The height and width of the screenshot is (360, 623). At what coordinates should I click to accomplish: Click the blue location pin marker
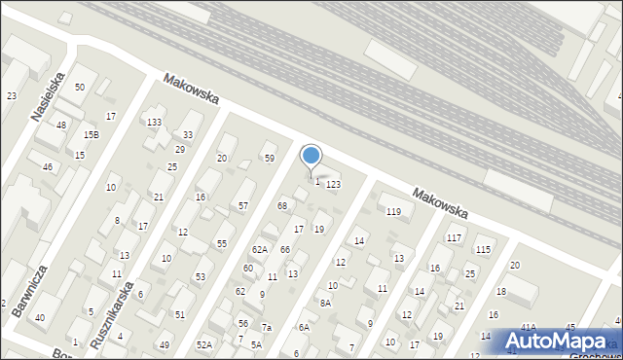[x=311, y=156]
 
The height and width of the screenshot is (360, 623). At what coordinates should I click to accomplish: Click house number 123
[x=333, y=184]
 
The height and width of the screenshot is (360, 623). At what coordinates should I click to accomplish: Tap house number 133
[x=154, y=122]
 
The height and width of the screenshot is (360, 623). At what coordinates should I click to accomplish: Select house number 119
[x=393, y=211]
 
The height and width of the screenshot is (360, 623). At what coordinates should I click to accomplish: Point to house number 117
[x=454, y=238]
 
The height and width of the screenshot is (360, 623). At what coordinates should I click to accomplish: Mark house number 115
[x=483, y=250]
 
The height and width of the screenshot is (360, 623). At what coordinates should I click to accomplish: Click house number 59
[x=270, y=158]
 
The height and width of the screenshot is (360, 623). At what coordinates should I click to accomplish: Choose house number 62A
[x=260, y=250]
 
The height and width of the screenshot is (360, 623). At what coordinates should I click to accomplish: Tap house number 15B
[x=91, y=134]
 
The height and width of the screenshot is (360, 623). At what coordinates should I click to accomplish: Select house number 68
[x=282, y=205]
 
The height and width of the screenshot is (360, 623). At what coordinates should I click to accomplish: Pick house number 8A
[x=325, y=304]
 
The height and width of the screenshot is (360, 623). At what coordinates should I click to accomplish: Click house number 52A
[x=204, y=344]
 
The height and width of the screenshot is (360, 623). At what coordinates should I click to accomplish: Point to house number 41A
[x=528, y=327]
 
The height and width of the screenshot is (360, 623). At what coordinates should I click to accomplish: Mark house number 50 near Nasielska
[x=80, y=88]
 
